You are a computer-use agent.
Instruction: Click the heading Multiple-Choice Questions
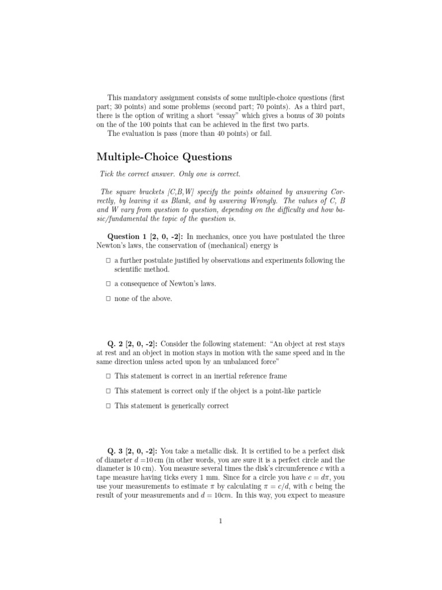164,156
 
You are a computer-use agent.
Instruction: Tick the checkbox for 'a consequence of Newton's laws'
108,284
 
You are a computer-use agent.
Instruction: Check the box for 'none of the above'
108,298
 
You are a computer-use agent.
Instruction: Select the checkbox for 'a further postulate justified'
108,260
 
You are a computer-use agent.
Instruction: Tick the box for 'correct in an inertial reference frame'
108,376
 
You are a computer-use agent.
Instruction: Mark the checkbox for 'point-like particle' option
108,391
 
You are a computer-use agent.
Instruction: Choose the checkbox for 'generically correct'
108,406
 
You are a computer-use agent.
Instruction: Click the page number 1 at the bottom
220,521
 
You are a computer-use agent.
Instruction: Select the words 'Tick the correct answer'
139,174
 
